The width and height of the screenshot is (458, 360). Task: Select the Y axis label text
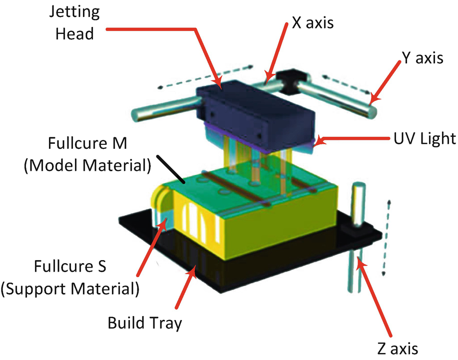tap(422, 58)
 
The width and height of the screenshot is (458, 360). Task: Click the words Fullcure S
tap(69, 267)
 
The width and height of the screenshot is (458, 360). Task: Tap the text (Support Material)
tap(69, 288)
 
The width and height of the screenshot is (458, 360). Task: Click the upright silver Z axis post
tap(358, 205)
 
